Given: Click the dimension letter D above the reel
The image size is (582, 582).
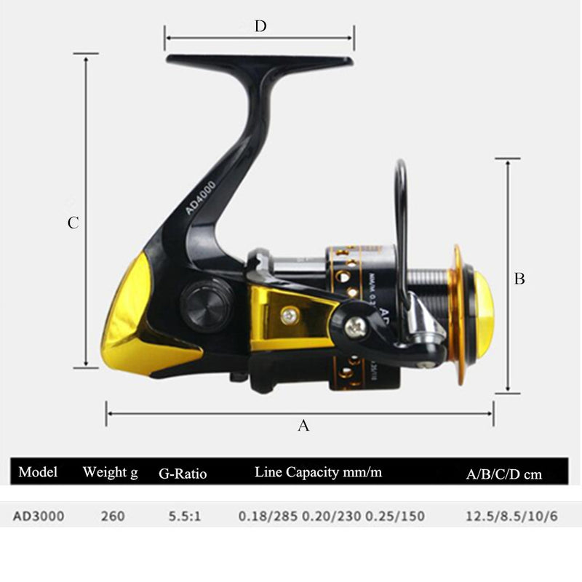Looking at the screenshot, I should (260, 27).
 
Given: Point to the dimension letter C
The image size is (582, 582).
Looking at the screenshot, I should (73, 223).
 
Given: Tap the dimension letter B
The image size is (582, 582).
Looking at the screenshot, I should (519, 279).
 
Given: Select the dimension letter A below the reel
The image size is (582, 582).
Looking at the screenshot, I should (303, 426).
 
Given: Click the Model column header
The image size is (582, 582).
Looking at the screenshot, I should (38, 471).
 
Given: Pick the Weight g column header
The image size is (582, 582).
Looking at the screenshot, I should (110, 472).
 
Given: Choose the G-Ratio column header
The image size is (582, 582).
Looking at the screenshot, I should (183, 474).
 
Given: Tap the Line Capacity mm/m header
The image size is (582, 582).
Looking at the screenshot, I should (318, 472).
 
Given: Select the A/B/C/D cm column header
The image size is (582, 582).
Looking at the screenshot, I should (504, 474).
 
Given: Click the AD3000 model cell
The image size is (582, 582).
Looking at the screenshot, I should (38, 517).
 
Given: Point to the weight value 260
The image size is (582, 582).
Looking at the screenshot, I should (113, 517).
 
